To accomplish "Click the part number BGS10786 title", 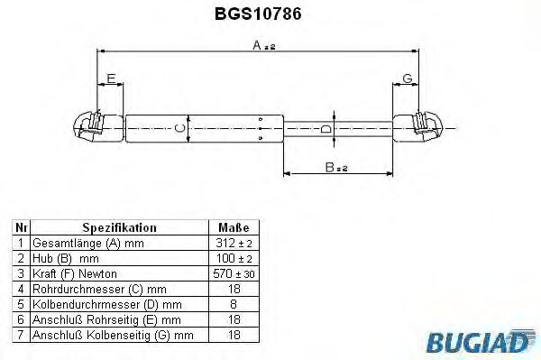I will click(270, 14).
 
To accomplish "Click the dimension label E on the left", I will click(110, 80).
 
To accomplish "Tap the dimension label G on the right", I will click(408, 80).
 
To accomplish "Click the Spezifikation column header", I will click(119, 228).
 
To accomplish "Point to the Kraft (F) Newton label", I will click(75, 273).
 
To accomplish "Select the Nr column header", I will click(22, 228).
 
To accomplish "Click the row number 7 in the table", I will click(22, 334).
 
